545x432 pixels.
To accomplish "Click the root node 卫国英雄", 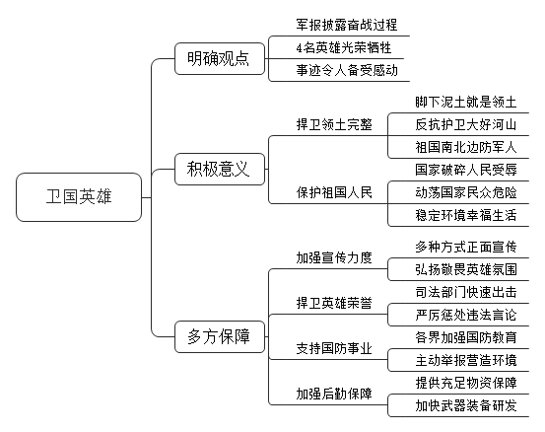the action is point(79,197).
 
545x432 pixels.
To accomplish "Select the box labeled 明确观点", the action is point(220,59).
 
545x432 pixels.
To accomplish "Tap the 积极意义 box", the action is point(220,169).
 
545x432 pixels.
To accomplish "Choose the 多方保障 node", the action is point(220,336).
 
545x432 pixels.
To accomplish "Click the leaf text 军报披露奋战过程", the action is point(347,25).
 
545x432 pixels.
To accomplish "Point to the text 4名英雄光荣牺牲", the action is point(344,47).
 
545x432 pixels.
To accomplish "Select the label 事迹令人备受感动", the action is point(347,70).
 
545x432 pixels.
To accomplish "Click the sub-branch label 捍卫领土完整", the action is point(334,124).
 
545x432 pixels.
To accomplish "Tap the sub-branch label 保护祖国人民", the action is point(334,192).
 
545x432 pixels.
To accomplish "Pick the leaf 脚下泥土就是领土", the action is point(466,103).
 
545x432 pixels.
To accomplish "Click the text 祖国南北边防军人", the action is point(466,148).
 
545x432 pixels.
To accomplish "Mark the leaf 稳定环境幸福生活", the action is point(466,215).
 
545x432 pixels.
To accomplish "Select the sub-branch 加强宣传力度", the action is point(334,257).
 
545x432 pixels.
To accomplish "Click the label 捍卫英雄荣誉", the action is point(334,303).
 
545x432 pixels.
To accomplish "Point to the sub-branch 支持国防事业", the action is point(334,348).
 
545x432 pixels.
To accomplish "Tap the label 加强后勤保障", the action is point(334,394).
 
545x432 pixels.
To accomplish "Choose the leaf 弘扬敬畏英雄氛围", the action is point(466,269).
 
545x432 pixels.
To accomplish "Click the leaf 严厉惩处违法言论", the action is point(466,315).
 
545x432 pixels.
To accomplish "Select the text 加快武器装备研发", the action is point(466,405).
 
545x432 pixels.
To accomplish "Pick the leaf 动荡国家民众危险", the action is point(466,192).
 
